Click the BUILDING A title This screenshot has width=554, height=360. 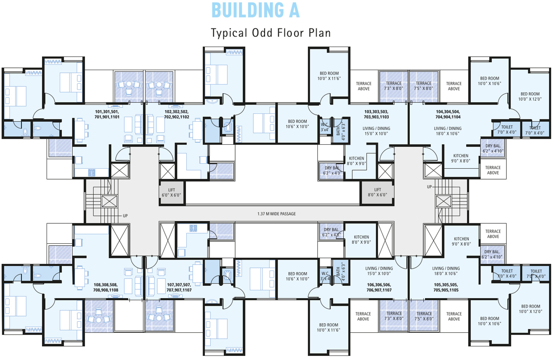[256, 11]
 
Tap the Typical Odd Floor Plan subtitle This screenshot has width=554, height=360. [271, 33]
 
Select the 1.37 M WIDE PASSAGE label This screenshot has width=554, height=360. [276, 214]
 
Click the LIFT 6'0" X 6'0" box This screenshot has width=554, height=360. [172, 193]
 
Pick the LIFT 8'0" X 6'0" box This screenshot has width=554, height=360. [378, 193]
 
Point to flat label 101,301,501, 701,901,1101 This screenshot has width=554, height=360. [107, 114]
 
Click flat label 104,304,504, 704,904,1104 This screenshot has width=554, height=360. [448, 114]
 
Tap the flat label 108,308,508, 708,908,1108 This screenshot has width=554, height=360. [106, 287]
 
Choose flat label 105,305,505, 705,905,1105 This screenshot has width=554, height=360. [446, 287]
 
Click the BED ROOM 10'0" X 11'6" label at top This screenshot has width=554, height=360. [329, 76]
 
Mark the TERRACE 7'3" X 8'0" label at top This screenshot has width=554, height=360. [393, 86]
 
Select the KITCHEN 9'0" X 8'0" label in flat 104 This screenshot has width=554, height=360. [461, 158]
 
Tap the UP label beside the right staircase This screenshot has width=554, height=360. [429, 187]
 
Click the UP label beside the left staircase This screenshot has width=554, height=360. [125, 216]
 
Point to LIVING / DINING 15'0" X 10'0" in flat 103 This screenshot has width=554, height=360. [376, 131]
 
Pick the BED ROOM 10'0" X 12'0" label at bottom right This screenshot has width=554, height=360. [531, 309]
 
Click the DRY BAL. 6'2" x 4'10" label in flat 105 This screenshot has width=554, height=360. [492, 254]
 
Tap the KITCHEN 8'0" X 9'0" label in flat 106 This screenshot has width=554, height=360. [361, 239]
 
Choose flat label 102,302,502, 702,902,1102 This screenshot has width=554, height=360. [176, 114]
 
